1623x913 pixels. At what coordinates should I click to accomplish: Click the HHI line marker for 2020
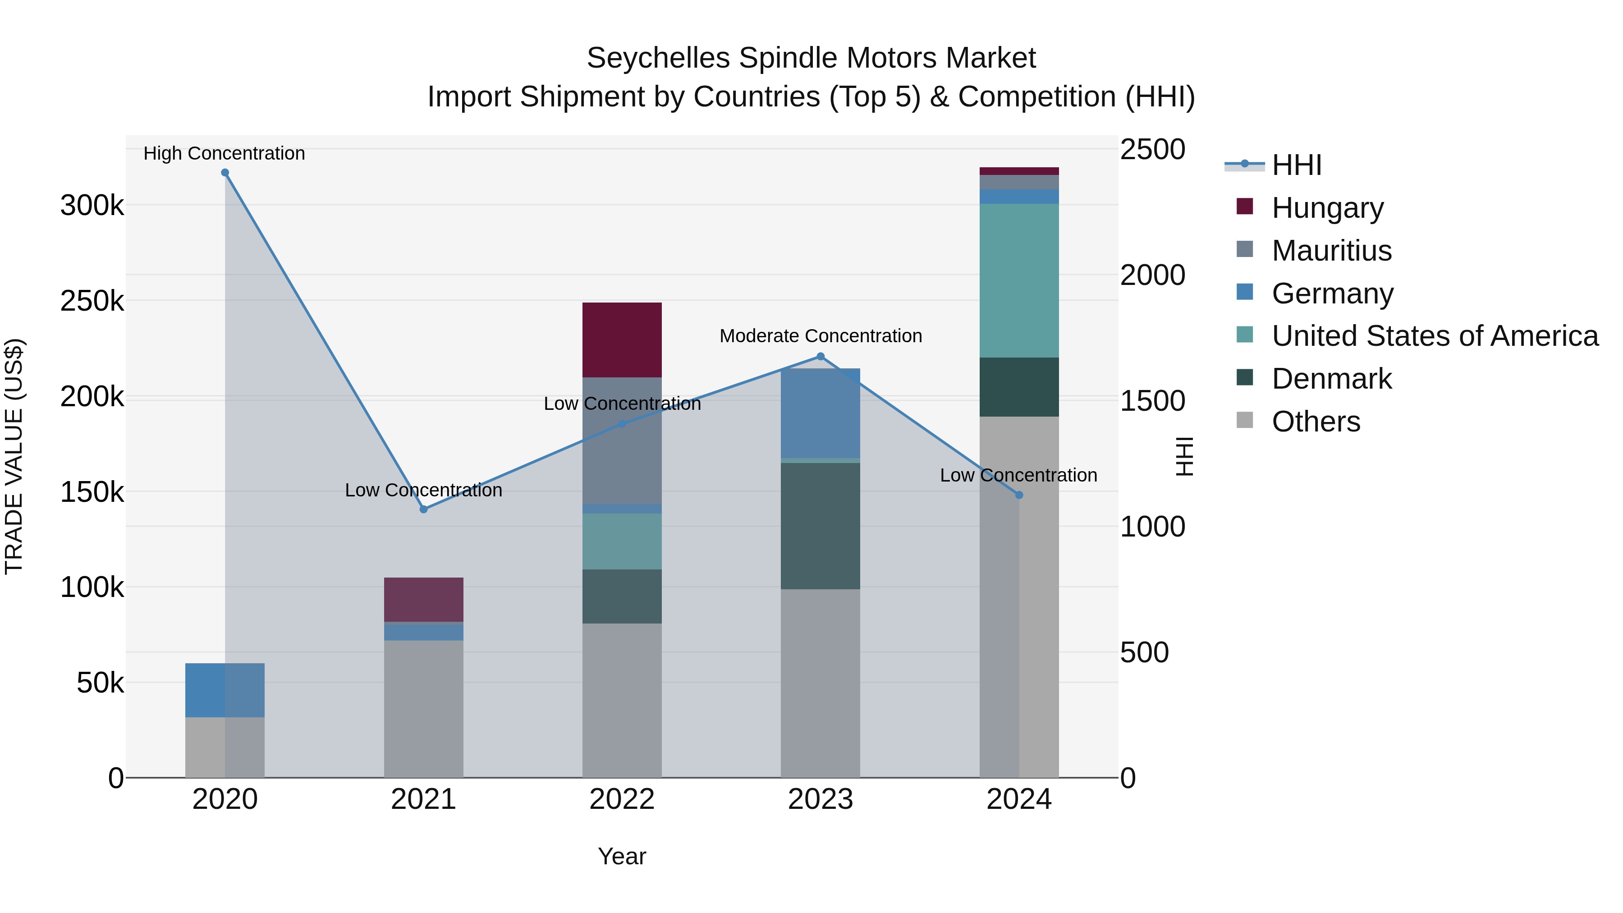tap(225, 173)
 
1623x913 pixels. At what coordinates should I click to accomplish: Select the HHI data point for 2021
tap(423, 509)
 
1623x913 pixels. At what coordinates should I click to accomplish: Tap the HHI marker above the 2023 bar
tap(821, 357)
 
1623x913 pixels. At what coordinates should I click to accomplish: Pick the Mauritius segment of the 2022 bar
tap(622, 440)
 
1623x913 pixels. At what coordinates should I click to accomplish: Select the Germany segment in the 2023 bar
tap(821, 413)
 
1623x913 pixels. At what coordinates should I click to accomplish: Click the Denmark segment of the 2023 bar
tap(821, 526)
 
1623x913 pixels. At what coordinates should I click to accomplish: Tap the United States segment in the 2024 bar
tap(1019, 280)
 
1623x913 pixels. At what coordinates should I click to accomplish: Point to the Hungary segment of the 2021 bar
tap(423, 599)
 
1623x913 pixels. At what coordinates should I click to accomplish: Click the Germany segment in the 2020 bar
tap(225, 690)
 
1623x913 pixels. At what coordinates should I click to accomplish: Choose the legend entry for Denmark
tap(1331, 379)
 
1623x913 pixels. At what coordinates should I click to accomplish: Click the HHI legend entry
tap(1296, 165)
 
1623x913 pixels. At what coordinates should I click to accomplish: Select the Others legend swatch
tap(1244, 420)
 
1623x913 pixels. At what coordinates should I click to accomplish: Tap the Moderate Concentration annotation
tap(821, 336)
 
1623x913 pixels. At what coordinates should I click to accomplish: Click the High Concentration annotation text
tap(225, 153)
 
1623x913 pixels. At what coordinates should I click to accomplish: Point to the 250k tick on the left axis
tap(92, 301)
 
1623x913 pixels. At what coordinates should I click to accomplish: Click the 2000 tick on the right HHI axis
tap(1152, 275)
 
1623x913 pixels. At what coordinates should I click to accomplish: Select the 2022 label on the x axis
tap(622, 799)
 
